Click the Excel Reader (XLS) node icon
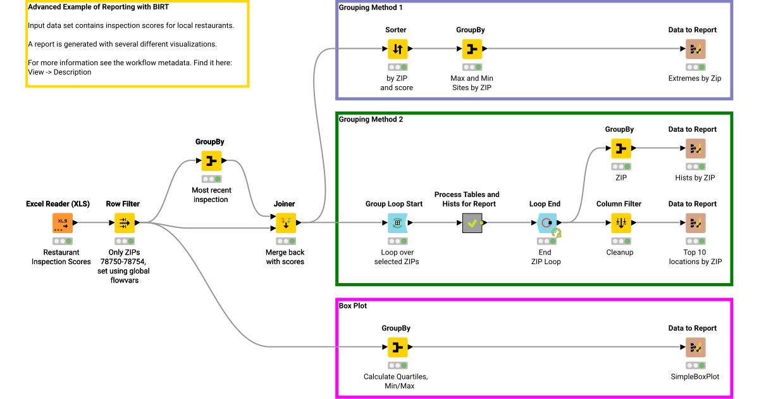pyautogui.click(x=62, y=223)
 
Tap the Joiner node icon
pyautogui.click(x=285, y=223)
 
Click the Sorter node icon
pyautogui.click(x=397, y=49)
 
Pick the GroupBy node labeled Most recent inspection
pyautogui.click(x=211, y=161)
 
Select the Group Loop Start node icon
pyautogui.click(x=397, y=223)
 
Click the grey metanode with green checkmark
pyautogui.click(x=472, y=223)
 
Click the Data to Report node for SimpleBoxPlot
pyautogui.click(x=695, y=347)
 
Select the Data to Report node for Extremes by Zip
pyautogui.click(x=695, y=49)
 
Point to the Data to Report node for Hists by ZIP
pyautogui.click(x=695, y=148)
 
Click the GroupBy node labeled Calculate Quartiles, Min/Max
pyautogui.click(x=397, y=347)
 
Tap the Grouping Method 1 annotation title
pyautogui.click(x=371, y=8)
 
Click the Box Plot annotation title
pyautogui.click(x=353, y=306)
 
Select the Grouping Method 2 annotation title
pyautogui.click(x=371, y=119)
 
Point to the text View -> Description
pyautogui.click(x=59, y=72)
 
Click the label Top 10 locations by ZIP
pyautogui.click(x=695, y=256)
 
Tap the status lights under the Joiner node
pyautogui.click(x=285, y=241)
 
